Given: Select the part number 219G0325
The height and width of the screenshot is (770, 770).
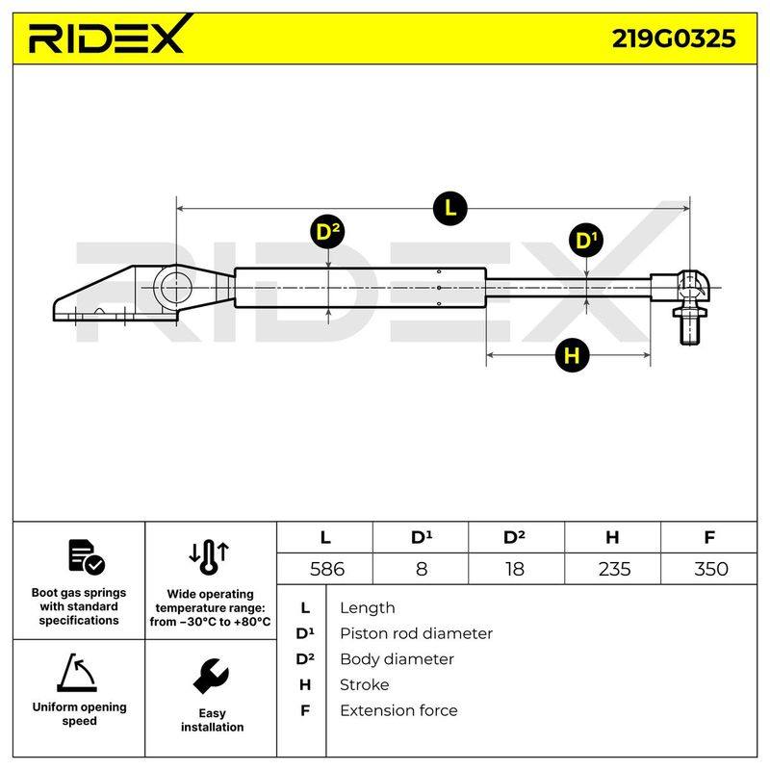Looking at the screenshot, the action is point(673,38).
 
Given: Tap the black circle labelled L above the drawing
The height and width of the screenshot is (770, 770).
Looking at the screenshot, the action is point(449,209).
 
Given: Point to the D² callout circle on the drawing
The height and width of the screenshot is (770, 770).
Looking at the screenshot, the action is point(327,232).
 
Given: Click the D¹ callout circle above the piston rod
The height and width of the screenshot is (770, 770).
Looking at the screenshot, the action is point(586,241).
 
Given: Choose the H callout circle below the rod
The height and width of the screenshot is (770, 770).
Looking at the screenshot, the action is point(572,355).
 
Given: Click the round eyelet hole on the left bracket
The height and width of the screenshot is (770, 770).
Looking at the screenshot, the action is point(176,288).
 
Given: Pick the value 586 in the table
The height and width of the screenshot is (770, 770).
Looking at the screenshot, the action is point(327,569).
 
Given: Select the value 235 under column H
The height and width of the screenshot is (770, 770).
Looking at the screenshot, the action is point(614,569).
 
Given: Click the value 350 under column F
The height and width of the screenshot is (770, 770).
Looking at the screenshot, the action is point(710,569).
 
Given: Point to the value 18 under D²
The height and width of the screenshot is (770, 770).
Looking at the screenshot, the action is point(515,569).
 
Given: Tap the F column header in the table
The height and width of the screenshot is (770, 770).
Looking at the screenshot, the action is point(709,537).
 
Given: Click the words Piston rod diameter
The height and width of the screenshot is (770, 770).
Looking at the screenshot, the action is point(416,633).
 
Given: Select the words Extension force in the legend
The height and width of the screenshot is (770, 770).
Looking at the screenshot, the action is point(398,710).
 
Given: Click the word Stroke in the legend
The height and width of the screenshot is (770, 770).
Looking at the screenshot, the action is point(365,684).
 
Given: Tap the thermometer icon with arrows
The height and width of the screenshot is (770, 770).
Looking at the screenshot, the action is point(209,557).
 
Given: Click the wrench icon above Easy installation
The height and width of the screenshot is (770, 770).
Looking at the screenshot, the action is point(211,677).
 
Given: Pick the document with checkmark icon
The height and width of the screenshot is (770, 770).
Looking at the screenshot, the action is point(87,557).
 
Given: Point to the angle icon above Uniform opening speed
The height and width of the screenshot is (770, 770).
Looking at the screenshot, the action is point(77,673).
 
